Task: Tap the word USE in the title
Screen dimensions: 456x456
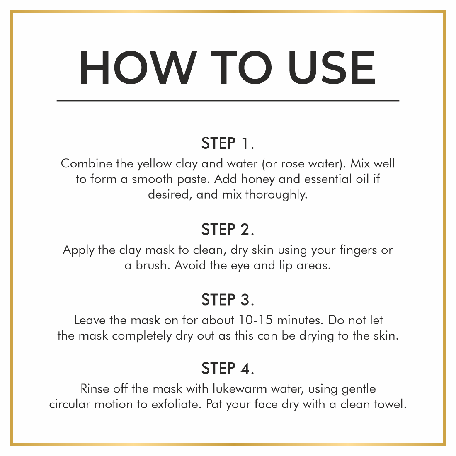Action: coord(332,68)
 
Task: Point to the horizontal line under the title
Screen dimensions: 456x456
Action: coord(228,101)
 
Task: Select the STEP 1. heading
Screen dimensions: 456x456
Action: coord(228,143)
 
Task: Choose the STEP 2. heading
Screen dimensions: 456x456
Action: coord(228,230)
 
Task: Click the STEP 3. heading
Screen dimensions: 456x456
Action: coord(228,300)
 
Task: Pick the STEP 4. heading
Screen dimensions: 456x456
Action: coord(228,369)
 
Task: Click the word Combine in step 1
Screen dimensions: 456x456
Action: coord(86,163)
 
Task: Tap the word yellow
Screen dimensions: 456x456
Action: coord(155,164)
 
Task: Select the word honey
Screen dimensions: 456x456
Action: coord(258,179)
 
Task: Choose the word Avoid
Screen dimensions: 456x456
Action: coord(190,265)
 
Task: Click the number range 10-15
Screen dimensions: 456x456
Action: coord(255,320)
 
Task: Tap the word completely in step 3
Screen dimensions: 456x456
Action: coord(142,336)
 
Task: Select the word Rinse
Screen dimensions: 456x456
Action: coord(95,389)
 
